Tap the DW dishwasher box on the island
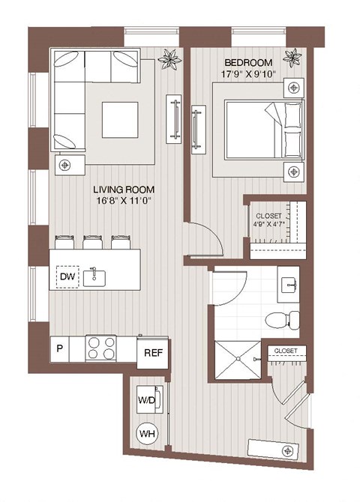[66, 277]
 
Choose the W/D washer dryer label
[146, 399]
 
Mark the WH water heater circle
[146, 432]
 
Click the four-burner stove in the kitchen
[102, 348]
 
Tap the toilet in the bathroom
[283, 320]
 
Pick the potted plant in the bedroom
[292, 56]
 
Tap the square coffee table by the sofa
[119, 118]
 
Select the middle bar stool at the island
[94, 244]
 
